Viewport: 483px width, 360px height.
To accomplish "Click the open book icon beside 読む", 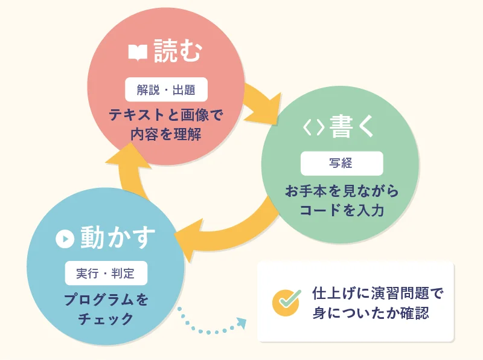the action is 138,53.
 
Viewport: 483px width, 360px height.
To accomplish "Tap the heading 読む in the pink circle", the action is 178,51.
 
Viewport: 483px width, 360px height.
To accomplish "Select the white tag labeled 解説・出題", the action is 167,89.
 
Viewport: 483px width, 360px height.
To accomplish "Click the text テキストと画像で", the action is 165,115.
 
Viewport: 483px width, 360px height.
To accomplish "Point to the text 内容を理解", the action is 165,134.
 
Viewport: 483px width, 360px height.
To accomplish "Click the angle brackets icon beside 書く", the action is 313,127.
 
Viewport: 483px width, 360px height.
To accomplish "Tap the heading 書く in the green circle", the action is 352,126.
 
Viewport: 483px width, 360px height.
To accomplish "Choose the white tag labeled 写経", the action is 342,163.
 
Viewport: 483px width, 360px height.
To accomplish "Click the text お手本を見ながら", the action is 342,191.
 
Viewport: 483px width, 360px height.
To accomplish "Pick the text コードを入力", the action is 342,210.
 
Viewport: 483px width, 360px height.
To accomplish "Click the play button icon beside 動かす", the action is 65,239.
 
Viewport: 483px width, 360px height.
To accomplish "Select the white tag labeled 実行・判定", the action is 106,273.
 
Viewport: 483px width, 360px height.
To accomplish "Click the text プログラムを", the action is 106,300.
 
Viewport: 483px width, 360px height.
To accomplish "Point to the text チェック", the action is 106,319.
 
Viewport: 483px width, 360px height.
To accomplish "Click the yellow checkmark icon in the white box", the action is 286,303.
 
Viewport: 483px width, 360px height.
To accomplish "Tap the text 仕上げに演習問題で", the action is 378,293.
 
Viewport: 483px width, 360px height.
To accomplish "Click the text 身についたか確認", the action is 371,313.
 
